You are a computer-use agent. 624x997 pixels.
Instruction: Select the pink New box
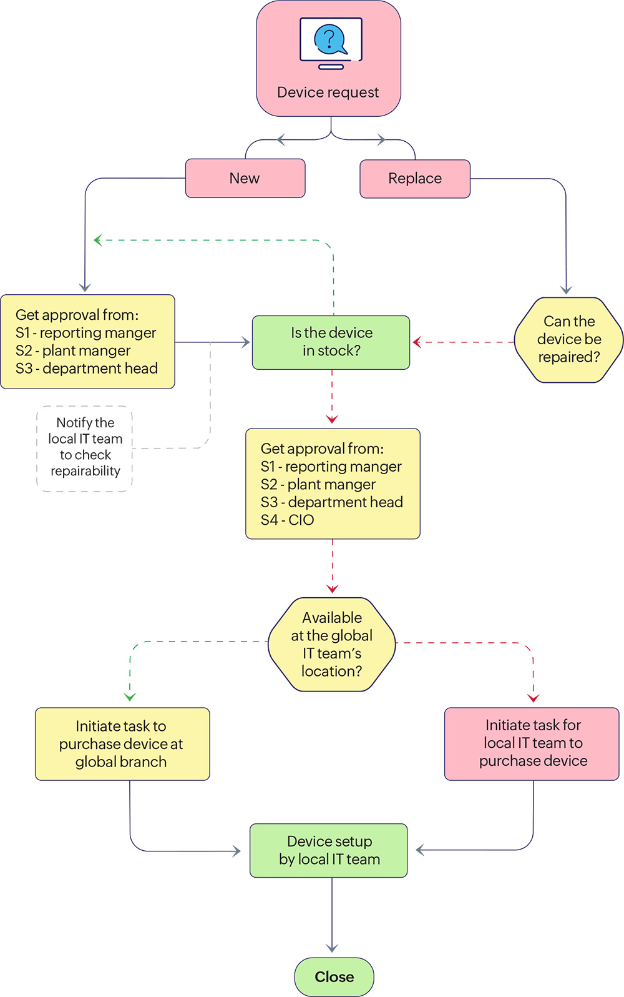click(245, 179)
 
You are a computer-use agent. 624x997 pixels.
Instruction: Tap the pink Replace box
click(415, 179)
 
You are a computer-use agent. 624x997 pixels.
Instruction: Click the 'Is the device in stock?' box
click(331, 342)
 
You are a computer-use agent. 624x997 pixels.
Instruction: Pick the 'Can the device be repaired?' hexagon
click(568, 340)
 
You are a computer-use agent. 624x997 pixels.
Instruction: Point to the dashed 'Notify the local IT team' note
click(85, 447)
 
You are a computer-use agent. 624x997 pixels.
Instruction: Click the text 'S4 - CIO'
click(288, 520)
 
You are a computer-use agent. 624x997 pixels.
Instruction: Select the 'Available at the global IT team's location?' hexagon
click(332, 645)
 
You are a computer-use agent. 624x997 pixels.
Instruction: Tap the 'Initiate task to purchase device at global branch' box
click(122, 744)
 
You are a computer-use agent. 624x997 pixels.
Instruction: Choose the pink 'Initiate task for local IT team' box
click(532, 743)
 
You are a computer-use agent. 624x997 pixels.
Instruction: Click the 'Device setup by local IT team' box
click(329, 851)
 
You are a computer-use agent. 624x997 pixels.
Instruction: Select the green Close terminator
click(334, 976)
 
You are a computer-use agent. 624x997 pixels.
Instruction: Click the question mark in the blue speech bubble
click(329, 39)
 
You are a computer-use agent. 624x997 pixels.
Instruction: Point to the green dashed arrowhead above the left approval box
click(97, 241)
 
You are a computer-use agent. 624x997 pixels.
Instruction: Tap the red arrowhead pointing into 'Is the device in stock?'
click(417, 342)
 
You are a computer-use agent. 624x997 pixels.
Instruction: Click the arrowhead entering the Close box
click(332, 948)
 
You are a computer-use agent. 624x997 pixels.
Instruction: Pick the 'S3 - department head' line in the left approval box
click(87, 369)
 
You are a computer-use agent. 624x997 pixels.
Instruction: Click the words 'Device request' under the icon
click(328, 92)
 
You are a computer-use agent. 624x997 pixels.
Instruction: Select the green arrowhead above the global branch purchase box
click(130, 697)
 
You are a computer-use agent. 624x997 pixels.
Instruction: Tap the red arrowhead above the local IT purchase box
click(533, 698)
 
